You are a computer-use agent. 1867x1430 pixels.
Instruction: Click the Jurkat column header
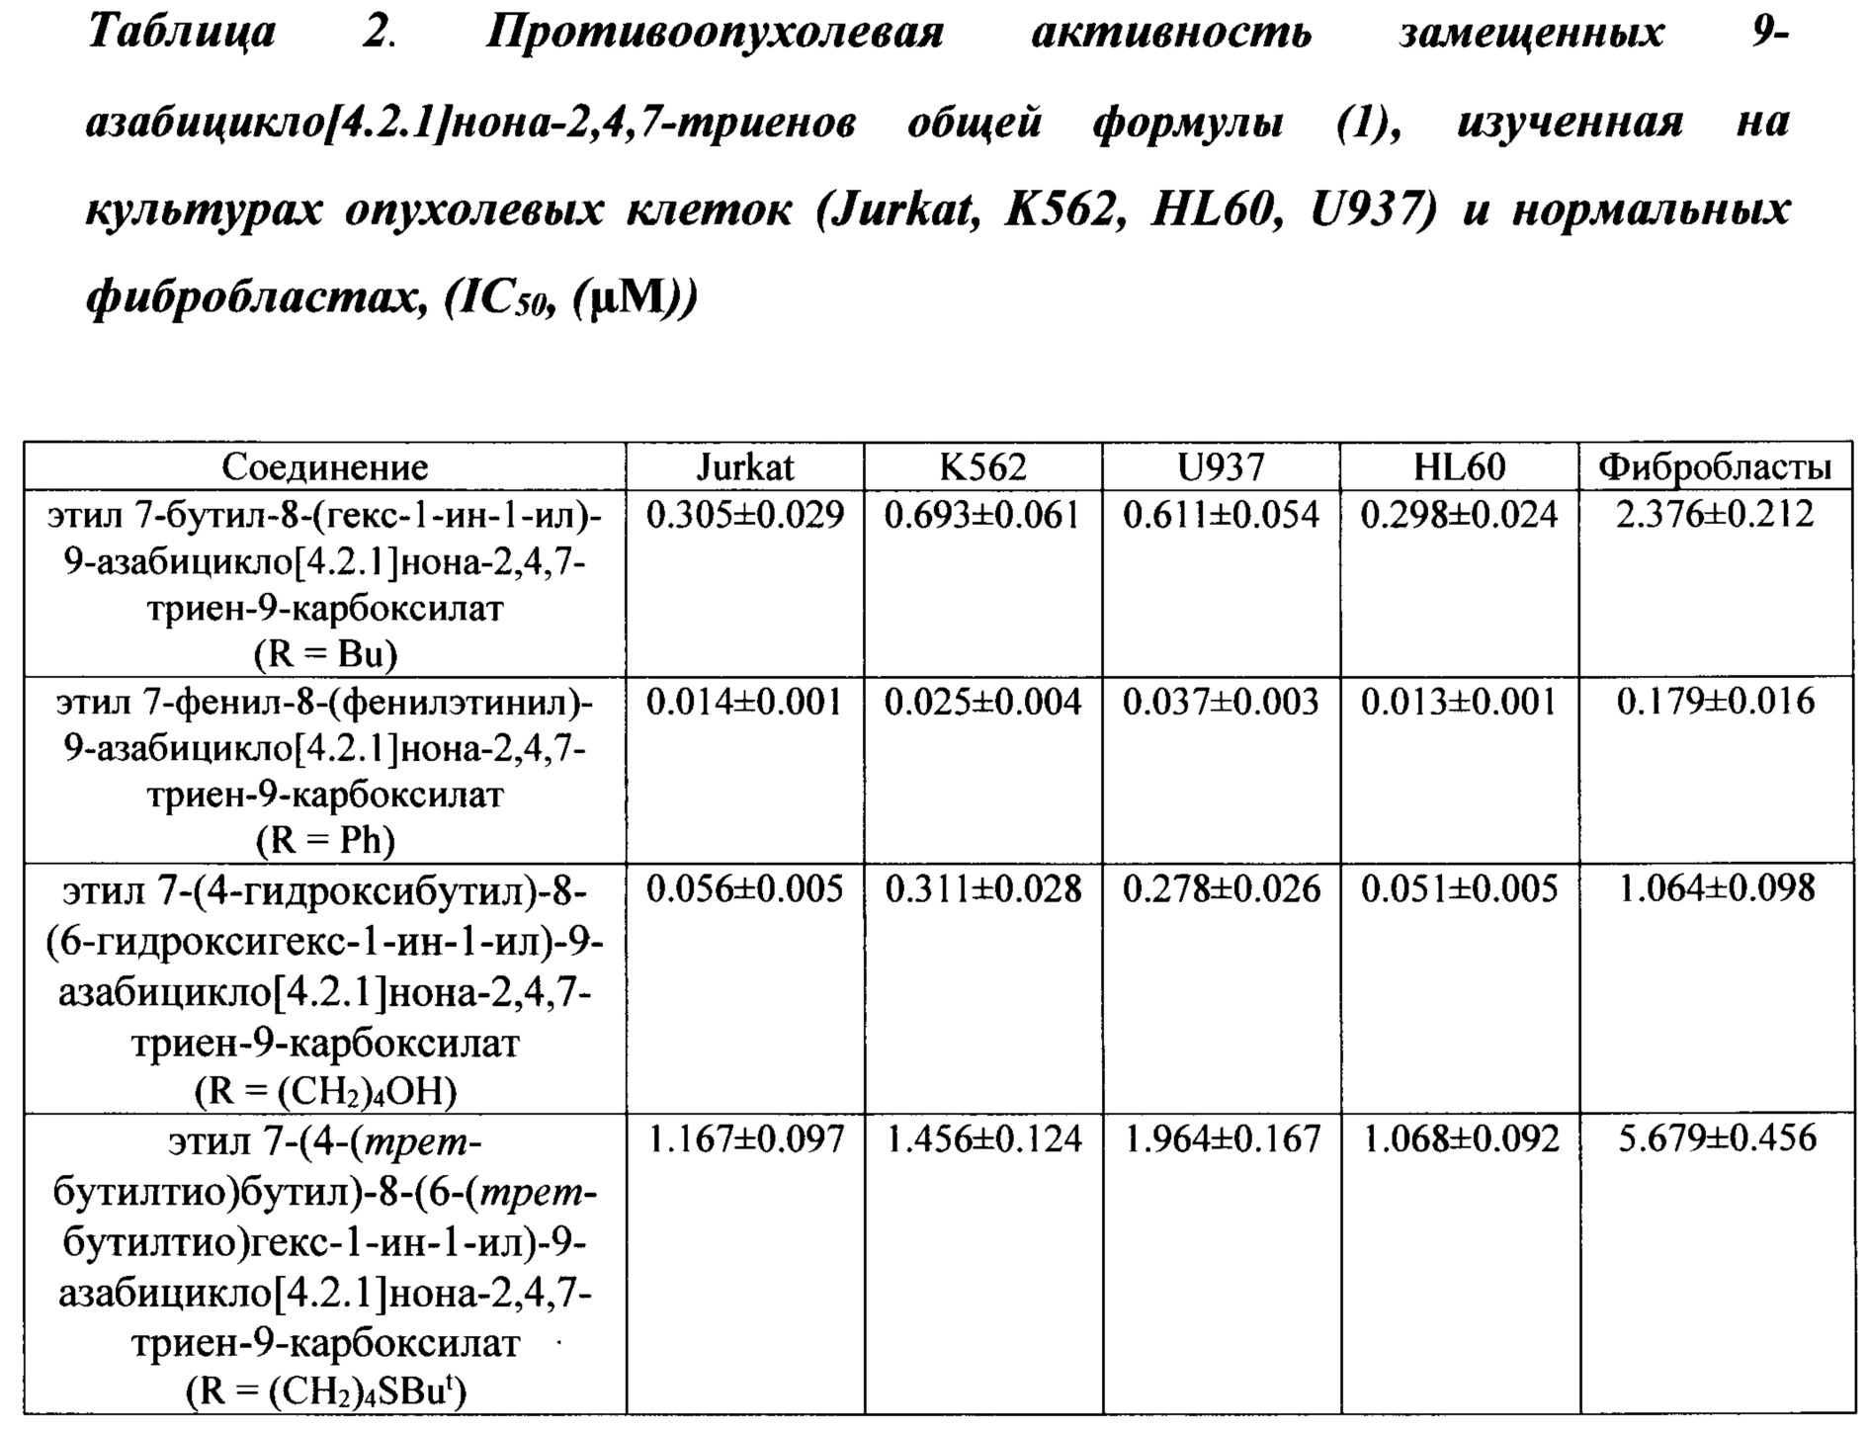point(744,466)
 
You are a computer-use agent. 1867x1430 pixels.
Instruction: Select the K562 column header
point(982,466)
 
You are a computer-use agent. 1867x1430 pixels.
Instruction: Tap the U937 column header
point(1221,466)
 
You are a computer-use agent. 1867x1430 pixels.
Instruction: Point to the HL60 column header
point(1459,466)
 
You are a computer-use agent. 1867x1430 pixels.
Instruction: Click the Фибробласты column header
point(1715,466)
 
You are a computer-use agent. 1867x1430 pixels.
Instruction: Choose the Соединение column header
point(324,466)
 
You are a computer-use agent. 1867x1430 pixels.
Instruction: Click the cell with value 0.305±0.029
point(744,515)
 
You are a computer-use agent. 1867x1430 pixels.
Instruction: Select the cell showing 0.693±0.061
point(982,515)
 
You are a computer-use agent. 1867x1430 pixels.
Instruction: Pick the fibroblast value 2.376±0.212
point(1715,515)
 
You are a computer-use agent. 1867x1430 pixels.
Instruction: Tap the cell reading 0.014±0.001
point(744,702)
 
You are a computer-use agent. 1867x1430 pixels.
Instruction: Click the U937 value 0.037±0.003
point(1221,702)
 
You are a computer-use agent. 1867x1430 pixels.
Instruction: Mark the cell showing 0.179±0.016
point(1715,702)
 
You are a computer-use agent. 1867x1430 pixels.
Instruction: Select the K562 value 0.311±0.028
point(982,889)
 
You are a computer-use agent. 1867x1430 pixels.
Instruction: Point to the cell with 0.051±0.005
point(1459,889)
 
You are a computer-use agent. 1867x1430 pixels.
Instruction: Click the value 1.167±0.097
point(744,1139)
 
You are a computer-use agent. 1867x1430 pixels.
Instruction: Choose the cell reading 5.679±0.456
point(1715,1138)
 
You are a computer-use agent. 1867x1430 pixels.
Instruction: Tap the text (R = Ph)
point(324,841)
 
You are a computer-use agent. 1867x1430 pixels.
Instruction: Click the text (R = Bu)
point(324,654)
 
